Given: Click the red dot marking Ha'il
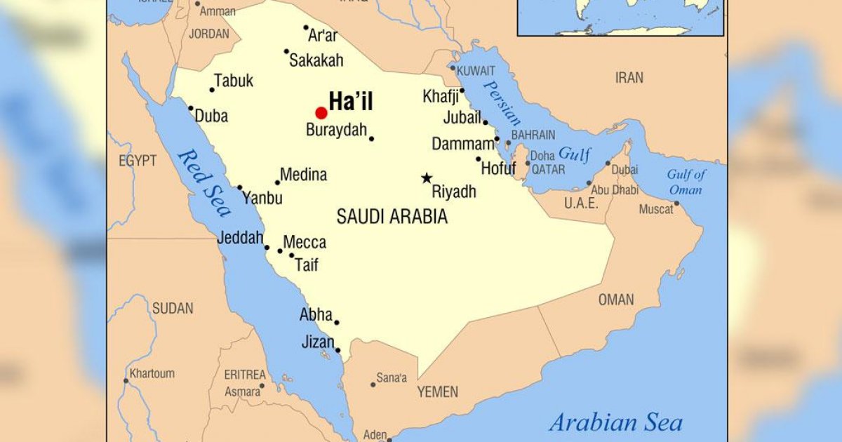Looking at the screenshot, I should tap(321, 112).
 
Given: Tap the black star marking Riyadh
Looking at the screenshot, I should tap(427, 178).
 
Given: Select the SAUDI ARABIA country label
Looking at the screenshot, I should tap(392, 217).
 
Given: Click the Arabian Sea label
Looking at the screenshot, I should tap(615, 422).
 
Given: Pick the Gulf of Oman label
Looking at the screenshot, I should tap(686, 182).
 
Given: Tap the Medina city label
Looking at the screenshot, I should tap(303, 175).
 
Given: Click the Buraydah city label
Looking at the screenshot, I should tap(337, 130).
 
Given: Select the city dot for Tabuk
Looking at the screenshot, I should tap(212, 90).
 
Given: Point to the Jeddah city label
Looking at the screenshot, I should tap(240, 237).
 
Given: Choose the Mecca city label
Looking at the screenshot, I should tap(305, 243).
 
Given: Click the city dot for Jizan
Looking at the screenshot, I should tap(338, 350).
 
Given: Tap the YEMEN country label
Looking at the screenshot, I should tap(437, 391).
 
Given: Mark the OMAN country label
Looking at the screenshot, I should tap(615, 300).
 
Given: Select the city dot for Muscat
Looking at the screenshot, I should tap(676, 204).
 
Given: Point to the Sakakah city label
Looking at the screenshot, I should tap(316, 60).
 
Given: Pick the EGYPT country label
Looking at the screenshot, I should tap(138, 161).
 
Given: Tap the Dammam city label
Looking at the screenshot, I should tap(462, 145).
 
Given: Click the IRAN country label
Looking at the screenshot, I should tap(629, 78).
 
